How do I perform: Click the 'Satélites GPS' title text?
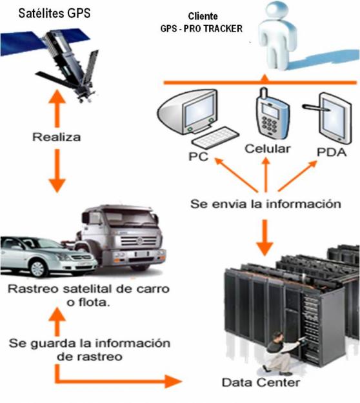[54, 13]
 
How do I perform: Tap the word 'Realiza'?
[57, 137]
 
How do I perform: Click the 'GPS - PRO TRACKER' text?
[201, 28]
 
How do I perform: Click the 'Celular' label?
[268, 148]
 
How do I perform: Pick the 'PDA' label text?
[332, 152]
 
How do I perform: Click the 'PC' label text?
[198, 157]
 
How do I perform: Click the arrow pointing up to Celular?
[266, 175]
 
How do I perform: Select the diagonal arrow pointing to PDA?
[298, 176]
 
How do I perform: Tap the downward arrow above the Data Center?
[265, 238]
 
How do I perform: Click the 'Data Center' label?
[261, 382]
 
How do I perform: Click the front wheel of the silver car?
[38, 268]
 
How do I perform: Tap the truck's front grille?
[139, 241]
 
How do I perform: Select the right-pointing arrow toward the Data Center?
[118, 378]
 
